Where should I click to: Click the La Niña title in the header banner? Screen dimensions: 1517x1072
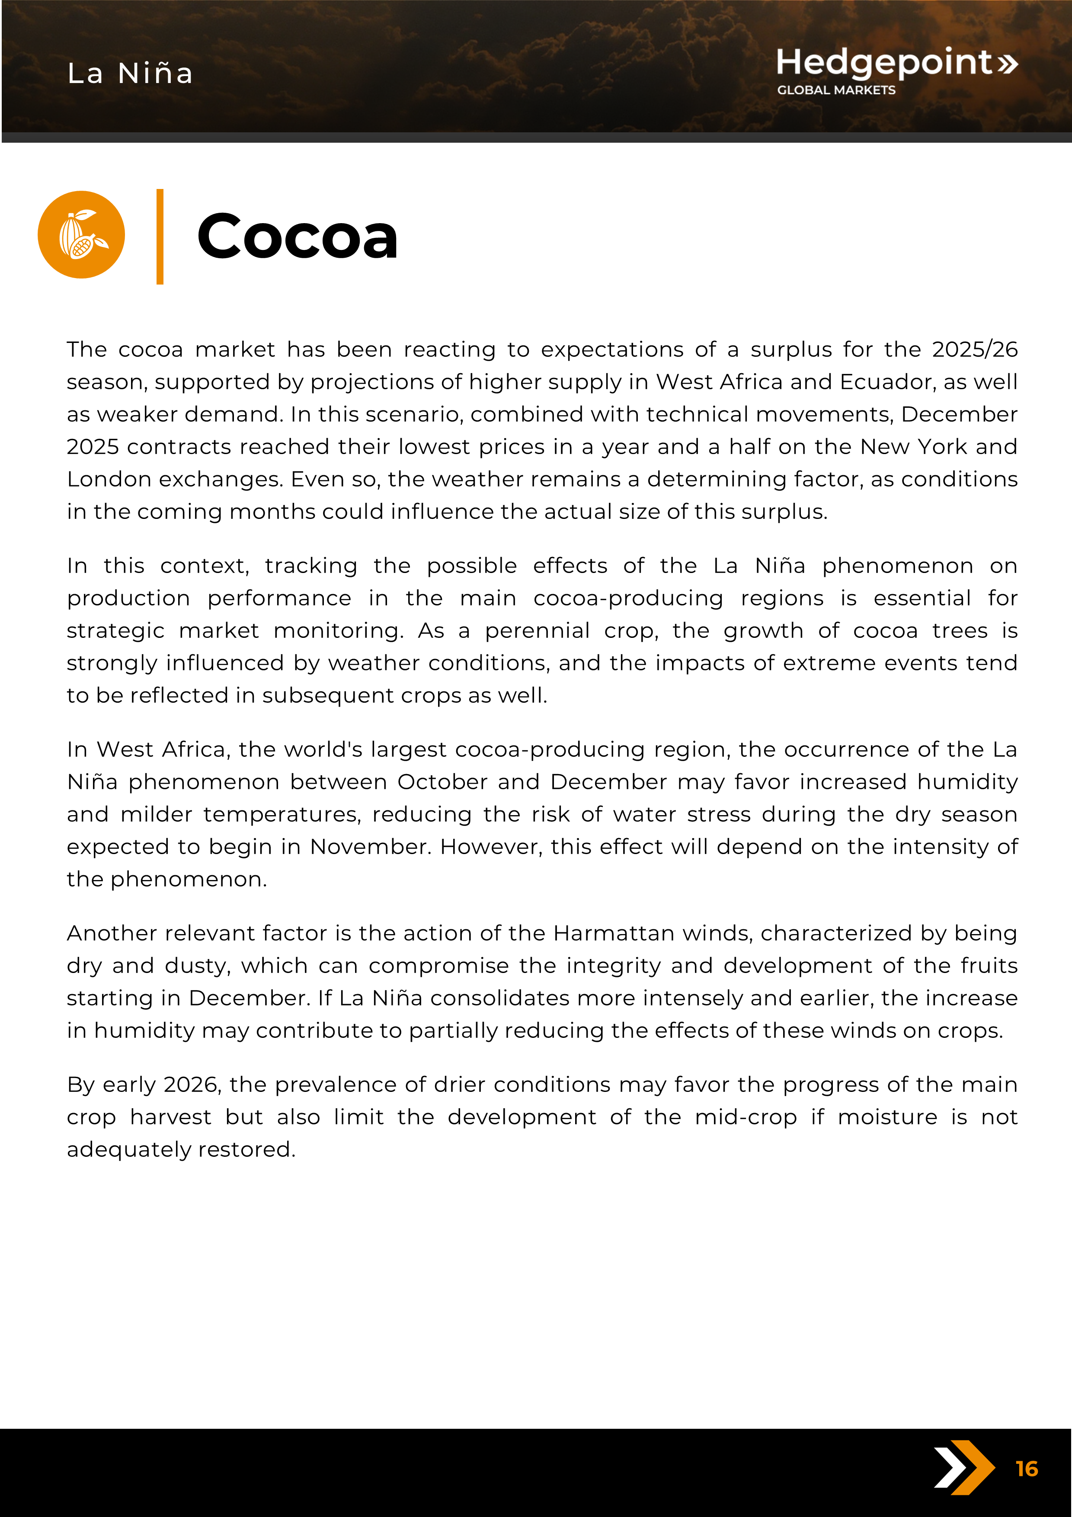[130, 74]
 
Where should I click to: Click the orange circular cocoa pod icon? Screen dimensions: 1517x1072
[81, 234]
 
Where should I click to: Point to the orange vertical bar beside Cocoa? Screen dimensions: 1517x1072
[160, 237]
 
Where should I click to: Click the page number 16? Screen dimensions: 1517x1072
[1027, 1469]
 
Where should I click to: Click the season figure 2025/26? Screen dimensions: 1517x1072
[974, 349]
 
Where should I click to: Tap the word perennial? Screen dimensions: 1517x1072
[537, 630]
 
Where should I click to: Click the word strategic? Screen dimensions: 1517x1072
[115, 630]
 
